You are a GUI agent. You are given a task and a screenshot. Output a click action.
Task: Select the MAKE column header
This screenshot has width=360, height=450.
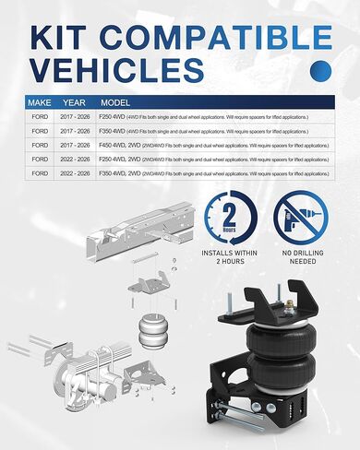point(40,103)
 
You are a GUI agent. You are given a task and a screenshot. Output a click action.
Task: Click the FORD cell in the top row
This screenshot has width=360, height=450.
point(40,118)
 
